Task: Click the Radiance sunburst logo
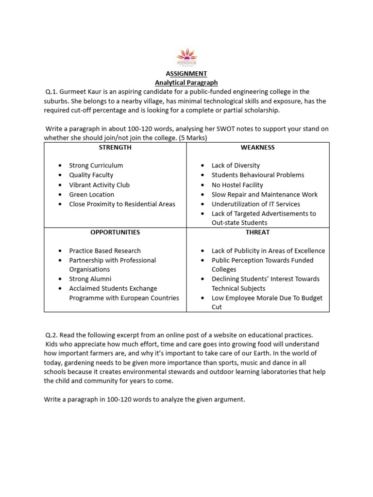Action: point(186,56)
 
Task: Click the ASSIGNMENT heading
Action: point(186,73)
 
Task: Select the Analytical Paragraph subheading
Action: point(186,83)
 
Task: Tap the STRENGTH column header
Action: point(115,147)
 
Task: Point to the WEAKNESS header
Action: point(257,147)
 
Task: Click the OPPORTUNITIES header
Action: point(115,232)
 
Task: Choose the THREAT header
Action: point(257,232)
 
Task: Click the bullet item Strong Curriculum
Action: point(96,166)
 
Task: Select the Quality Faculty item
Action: point(91,175)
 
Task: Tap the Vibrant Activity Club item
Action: point(99,185)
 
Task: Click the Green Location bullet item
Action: point(91,195)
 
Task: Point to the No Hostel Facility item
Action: point(237,185)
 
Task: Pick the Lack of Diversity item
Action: point(236,166)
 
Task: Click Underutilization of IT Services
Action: point(255,204)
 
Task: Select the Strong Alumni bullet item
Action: point(90,279)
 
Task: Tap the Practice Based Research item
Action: point(105,251)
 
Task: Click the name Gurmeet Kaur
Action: point(81,92)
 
